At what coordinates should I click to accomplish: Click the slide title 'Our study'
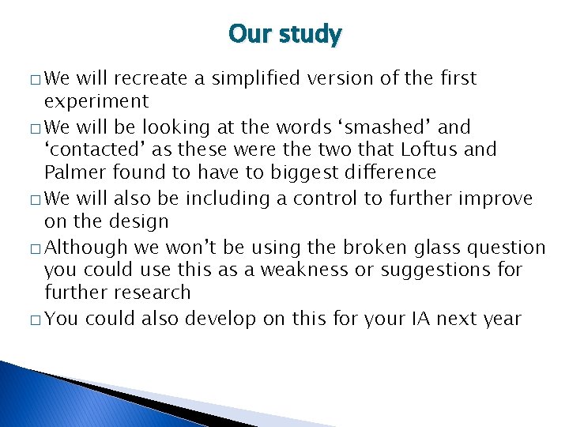(284, 35)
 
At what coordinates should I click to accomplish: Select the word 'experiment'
(96, 101)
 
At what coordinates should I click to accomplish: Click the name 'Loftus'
(409, 149)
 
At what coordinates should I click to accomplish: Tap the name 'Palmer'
(73, 172)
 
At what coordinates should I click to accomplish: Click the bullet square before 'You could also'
(36, 320)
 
